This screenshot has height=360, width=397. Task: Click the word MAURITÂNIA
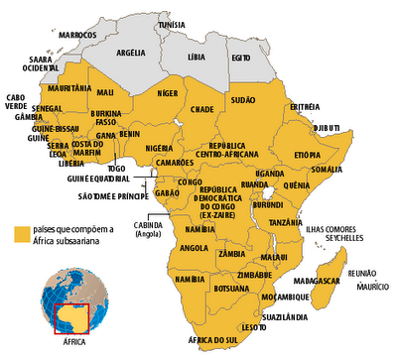click(67, 88)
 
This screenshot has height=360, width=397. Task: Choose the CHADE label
click(202, 109)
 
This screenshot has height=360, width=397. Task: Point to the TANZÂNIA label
click(285, 223)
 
